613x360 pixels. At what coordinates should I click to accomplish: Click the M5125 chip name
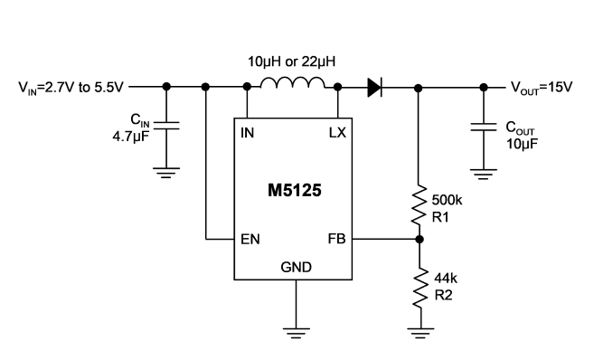tap(295, 191)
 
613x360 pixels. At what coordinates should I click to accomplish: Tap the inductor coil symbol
tap(292, 82)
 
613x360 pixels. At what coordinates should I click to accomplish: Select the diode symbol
tap(374, 87)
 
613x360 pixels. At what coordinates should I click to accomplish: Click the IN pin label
tap(247, 133)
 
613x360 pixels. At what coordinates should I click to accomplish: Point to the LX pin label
tap(337, 133)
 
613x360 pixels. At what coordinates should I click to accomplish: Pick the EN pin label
tap(250, 239)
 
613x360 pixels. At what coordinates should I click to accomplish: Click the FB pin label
tap(336, 239)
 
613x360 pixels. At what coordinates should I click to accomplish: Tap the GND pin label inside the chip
tap(296, 267)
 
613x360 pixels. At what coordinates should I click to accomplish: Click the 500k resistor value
tap(447, 200)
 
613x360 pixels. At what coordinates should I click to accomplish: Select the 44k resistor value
tap(446, 279)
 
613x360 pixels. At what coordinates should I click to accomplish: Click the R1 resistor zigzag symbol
tap(420, 205)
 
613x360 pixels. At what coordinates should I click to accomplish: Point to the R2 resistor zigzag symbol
tap(421, 288)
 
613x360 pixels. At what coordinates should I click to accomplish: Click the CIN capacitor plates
tap(166, 125)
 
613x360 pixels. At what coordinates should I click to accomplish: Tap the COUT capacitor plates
tap(484, 127)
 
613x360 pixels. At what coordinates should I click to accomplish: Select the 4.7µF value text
tap(131, 137)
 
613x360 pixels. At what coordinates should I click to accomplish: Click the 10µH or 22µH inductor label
tap(292, 62)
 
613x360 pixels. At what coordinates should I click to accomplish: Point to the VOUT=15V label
tap(542, 87)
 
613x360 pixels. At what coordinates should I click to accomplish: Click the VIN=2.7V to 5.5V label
tap(71, 87)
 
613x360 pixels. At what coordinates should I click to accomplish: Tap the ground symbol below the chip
tap(296, 333)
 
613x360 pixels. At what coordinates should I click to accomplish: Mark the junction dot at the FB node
tap(420, 239)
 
